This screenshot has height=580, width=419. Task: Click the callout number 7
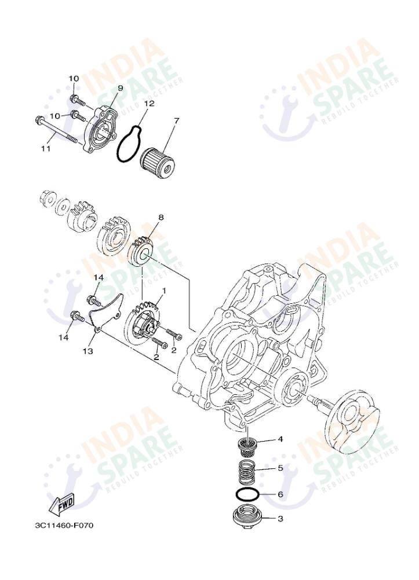pos(176,120)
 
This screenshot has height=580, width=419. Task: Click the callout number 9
pos(121,88)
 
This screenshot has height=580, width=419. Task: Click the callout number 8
pos(161,218)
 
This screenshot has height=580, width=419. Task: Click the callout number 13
pos(89,351)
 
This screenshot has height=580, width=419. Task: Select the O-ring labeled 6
pos(247,495)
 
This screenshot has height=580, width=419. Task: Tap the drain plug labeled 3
pos(246,516)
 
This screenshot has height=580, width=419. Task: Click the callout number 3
pos(280,519)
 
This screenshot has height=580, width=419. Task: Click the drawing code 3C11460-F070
pos(64,526)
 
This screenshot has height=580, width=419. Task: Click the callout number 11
pos(46,148)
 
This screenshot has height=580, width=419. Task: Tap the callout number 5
pos(280,467)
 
